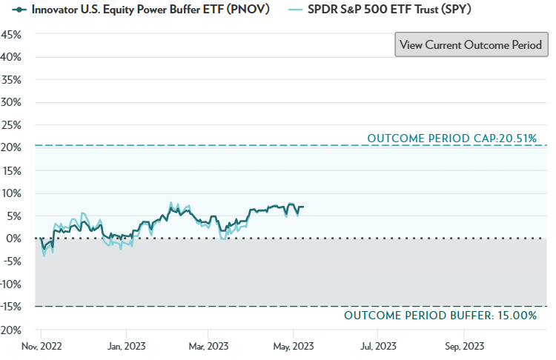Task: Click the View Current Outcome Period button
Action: click(x=471, y=44)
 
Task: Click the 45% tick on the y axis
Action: click(x=11, y=34)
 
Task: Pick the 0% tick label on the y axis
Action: click(x=14, y=239)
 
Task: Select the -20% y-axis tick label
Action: click(x=10, y=330)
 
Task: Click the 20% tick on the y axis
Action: click(x=11, y=147)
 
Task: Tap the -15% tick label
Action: click(x=10, y=307)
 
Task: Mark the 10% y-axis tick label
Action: click(x=11, y=193)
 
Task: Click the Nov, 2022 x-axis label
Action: click(x=41, y=346)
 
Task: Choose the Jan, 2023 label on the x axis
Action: click(x=126, y=346)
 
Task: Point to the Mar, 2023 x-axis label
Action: click(x=208, y=346)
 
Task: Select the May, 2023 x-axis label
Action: click(x=294, y=346)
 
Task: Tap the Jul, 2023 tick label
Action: click(x=377, y=346)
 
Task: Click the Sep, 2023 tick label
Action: click(x=462, y=346)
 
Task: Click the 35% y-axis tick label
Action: click(x=11, y=79)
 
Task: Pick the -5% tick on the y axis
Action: click(x=11, y=261)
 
